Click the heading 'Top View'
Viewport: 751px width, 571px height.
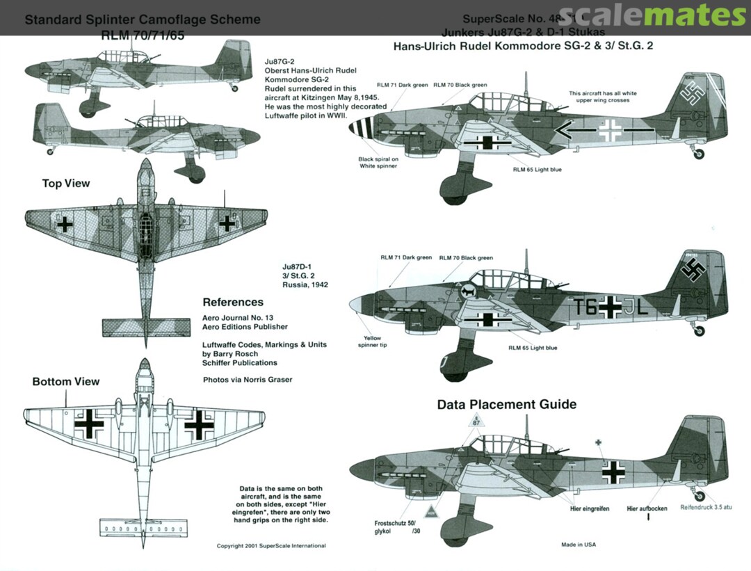(66, 184)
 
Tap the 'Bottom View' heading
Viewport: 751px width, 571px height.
(66, 381)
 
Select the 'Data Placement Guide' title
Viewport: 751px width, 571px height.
(506, 404)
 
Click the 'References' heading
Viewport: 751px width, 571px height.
(233, 303)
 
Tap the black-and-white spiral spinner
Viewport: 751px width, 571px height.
(364, 132)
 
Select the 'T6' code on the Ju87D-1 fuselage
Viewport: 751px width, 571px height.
(586, 306)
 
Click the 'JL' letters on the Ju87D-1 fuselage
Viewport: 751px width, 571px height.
(637, 306)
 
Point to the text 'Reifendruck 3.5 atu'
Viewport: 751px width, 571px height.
(706, 508)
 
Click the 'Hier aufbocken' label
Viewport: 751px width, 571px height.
(647, 508)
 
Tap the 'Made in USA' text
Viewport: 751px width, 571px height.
(579, 545)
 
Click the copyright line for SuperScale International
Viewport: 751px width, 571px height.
(271, 546)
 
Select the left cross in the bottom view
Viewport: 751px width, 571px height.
(89, 423)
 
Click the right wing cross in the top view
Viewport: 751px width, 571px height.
(227, 223)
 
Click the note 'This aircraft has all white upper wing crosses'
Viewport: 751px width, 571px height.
(602, 97)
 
